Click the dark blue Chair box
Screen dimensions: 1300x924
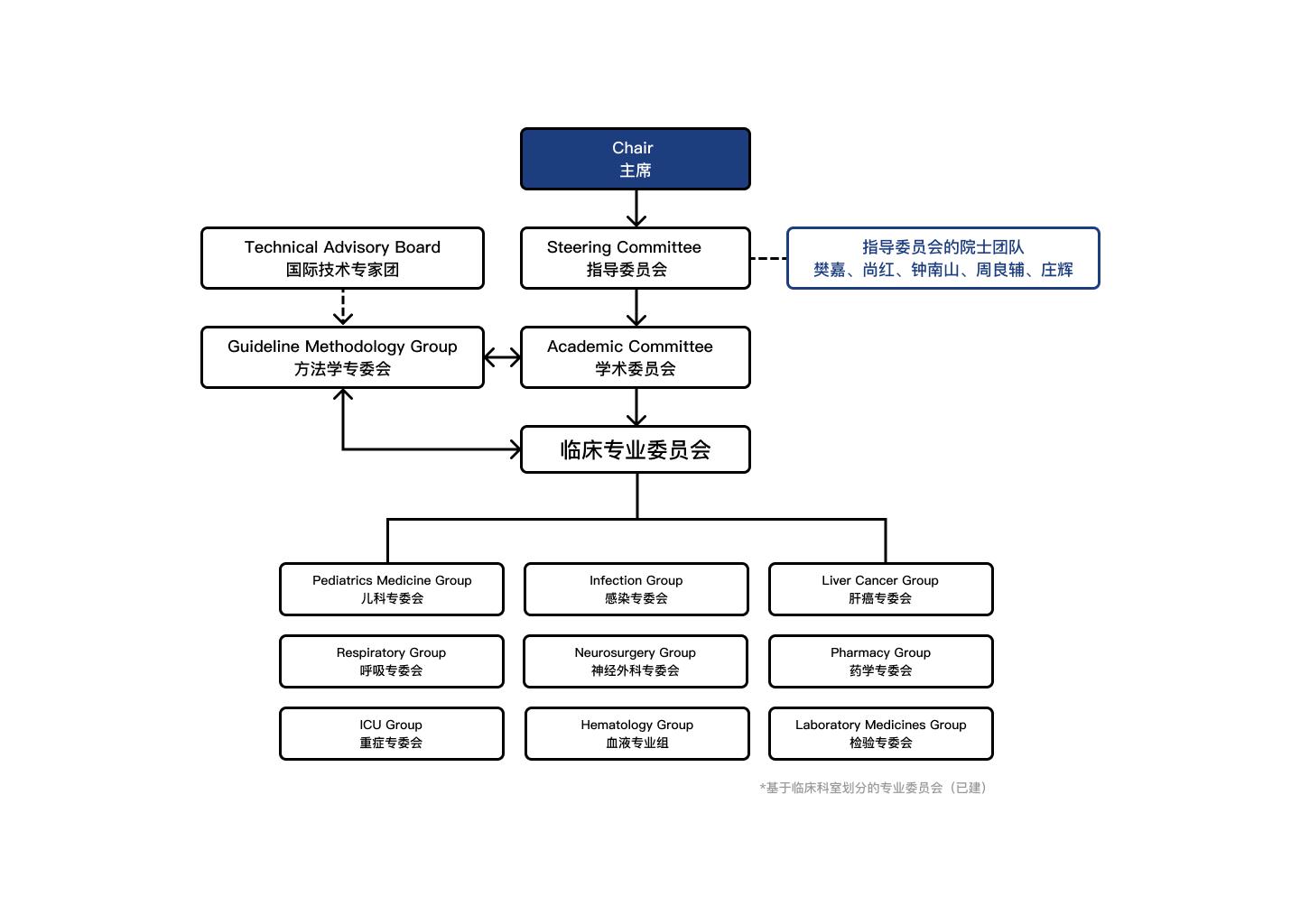click(636, 159)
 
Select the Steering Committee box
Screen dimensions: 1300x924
click(636, 258)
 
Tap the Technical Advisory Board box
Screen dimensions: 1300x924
click(342, 258)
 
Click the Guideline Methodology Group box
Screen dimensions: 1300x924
click(342, 357)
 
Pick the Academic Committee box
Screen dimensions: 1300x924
click(636, 357)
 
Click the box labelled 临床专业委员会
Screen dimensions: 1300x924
click(636, 449)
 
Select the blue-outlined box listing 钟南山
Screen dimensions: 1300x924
click(943, 258)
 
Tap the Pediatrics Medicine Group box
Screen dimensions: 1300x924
click(392, 588)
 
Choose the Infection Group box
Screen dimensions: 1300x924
click(636, 588)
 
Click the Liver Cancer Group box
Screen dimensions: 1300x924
click(881, 588)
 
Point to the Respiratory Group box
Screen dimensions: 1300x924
click(392, 661)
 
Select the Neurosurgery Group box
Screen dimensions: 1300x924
click(636, 661)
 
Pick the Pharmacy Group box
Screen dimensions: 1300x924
click(881, 661)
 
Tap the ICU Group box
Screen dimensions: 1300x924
click(392, 734)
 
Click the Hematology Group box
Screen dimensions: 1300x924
click(637, 734)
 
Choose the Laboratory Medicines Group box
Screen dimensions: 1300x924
click(881, 734)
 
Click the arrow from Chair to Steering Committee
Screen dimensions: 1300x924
click(636, 208)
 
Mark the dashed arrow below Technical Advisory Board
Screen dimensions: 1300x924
click(343, 307)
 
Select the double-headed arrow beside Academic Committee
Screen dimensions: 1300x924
click(503, 357)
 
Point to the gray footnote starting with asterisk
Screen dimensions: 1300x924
click(874, 788)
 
